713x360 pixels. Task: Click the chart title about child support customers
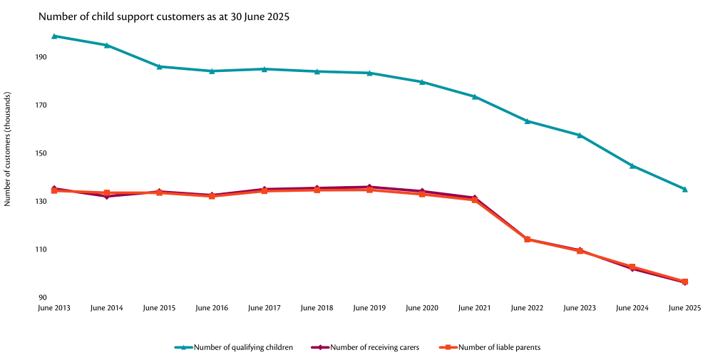163,16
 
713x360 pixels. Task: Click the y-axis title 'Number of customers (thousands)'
8,149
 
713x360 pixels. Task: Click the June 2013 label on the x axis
54,308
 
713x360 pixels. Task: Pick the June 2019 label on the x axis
369,308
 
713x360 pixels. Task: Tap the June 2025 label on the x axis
684,308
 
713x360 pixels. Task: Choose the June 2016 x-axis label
212,308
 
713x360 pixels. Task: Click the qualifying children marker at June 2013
54,36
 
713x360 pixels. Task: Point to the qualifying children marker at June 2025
684,189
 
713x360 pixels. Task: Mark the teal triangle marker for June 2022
527,121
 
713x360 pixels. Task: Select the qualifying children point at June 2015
159,66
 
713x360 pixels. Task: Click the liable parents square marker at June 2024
632,267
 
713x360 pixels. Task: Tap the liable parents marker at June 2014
107,192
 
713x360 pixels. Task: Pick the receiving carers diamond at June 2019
369,187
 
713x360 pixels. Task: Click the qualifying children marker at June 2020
422,82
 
